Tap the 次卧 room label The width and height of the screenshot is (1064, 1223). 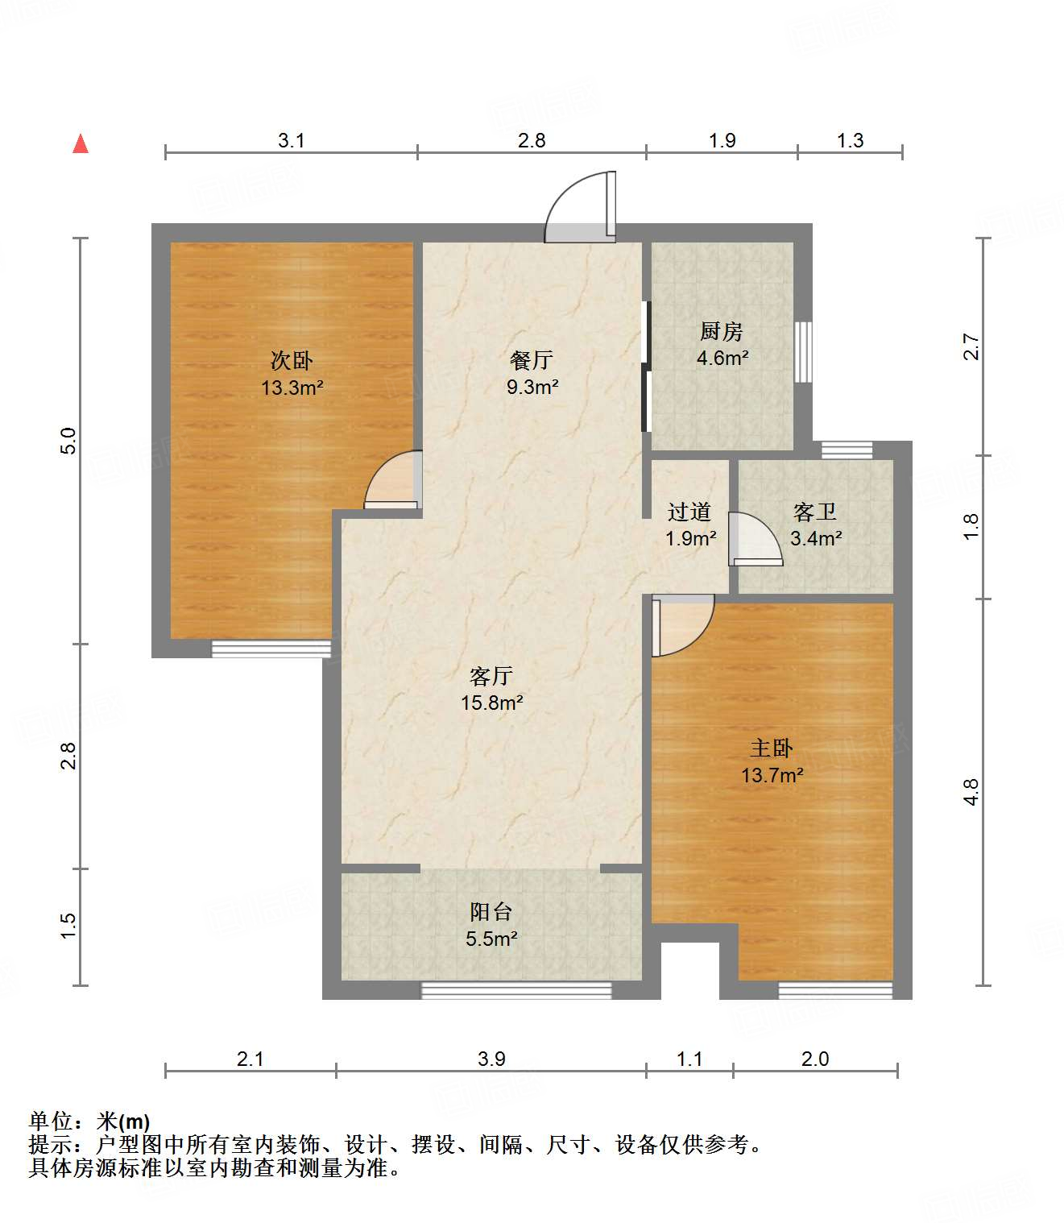(x=292, y=360)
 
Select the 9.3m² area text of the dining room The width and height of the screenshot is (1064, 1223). (x=532, y=387)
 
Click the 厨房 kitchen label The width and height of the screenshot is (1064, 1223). (x=721, y=331)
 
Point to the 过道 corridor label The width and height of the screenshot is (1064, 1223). (x=689, y=512)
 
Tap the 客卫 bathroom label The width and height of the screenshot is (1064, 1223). (x=815, y=512)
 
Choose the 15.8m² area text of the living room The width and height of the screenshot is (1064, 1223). (x=491, y=703)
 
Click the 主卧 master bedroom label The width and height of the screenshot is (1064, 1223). (x=772, y=748)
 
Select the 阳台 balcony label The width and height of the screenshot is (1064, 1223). (x=491, y=912)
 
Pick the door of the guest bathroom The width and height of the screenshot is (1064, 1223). (x=756, y=540)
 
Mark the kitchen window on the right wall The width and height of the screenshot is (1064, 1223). (x=803, y=352)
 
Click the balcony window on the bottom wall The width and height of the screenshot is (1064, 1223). (x=516, y=990)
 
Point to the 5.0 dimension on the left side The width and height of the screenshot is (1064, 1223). (x=68, y=441)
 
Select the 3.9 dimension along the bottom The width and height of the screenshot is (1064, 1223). (x=491, y=1059)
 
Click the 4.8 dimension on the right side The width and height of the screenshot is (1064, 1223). (x=971, y=792)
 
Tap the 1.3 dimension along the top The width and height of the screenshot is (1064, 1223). (x=850, y=140)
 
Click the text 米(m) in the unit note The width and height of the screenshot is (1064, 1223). (x=123, y=1121)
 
